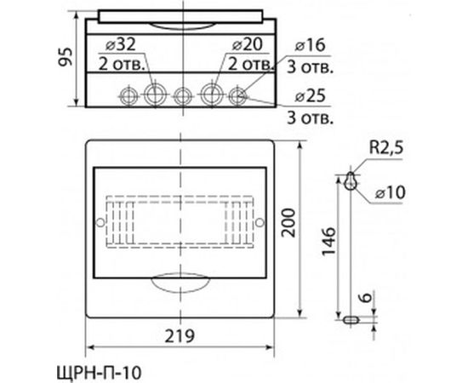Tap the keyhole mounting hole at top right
coord(350,180)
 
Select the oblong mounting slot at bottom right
coord(349,320)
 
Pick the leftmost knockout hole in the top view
coord(128,94)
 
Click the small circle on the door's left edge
coord(100,221)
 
